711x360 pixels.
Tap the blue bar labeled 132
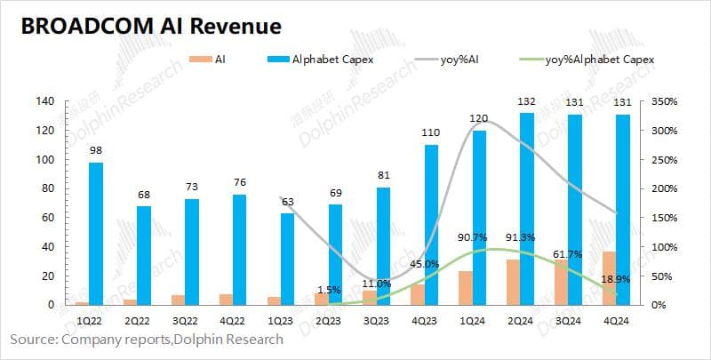[526, 209]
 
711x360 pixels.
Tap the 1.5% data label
[329, 291]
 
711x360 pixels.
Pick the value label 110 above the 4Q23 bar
[430, 132]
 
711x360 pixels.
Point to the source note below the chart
[147, 339]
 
